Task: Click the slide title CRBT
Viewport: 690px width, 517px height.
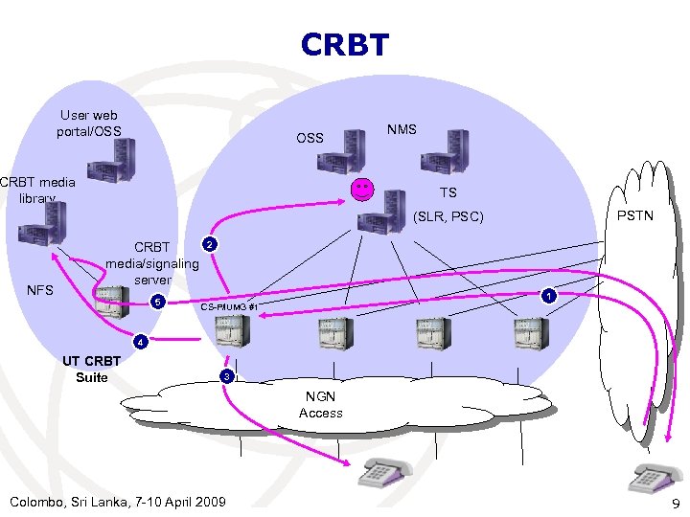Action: coord(345,45)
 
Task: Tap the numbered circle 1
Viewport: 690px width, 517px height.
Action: coord(547,296)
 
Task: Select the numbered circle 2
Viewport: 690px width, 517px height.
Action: coord(210,245)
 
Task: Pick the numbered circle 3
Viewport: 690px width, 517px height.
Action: coord(226,376)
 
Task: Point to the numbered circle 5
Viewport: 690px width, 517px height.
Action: coord(160,303)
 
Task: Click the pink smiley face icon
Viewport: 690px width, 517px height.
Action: coord(362,190)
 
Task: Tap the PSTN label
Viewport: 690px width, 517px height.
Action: coord(634,215)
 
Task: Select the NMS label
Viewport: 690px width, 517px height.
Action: coord(402,129)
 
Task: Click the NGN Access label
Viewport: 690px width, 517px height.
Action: coord(320,404)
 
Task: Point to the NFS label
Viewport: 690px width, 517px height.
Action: coord(40,288)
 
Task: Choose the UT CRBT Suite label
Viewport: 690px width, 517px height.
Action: coord(92,369)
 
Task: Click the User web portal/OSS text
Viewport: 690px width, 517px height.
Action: coord(89,123)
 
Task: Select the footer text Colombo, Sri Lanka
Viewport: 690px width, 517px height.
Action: coord(116,502)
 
